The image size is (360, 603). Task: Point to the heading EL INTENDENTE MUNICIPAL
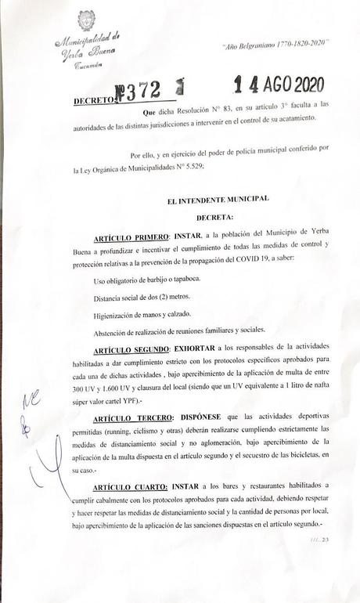pyautogui.click(x=218, y=200)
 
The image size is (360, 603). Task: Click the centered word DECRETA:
pyautogui.click(x=218, y=217)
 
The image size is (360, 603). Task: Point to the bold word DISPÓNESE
pyautogui.click(x=195, y=417)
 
